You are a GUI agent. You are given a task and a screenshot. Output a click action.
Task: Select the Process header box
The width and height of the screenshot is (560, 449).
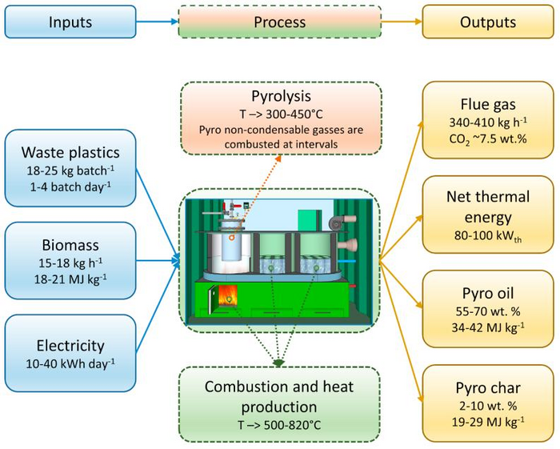point(279,22)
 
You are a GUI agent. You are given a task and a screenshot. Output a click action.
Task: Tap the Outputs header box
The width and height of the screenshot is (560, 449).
point(487,22)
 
